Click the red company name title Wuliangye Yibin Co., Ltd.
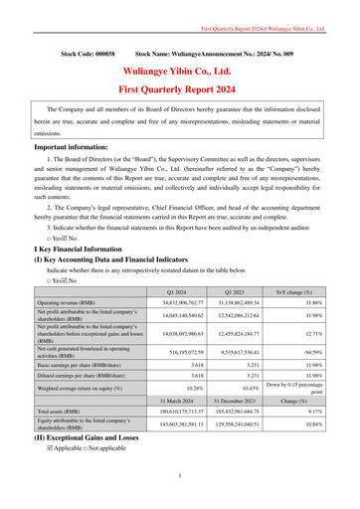(x=179, y=73)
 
